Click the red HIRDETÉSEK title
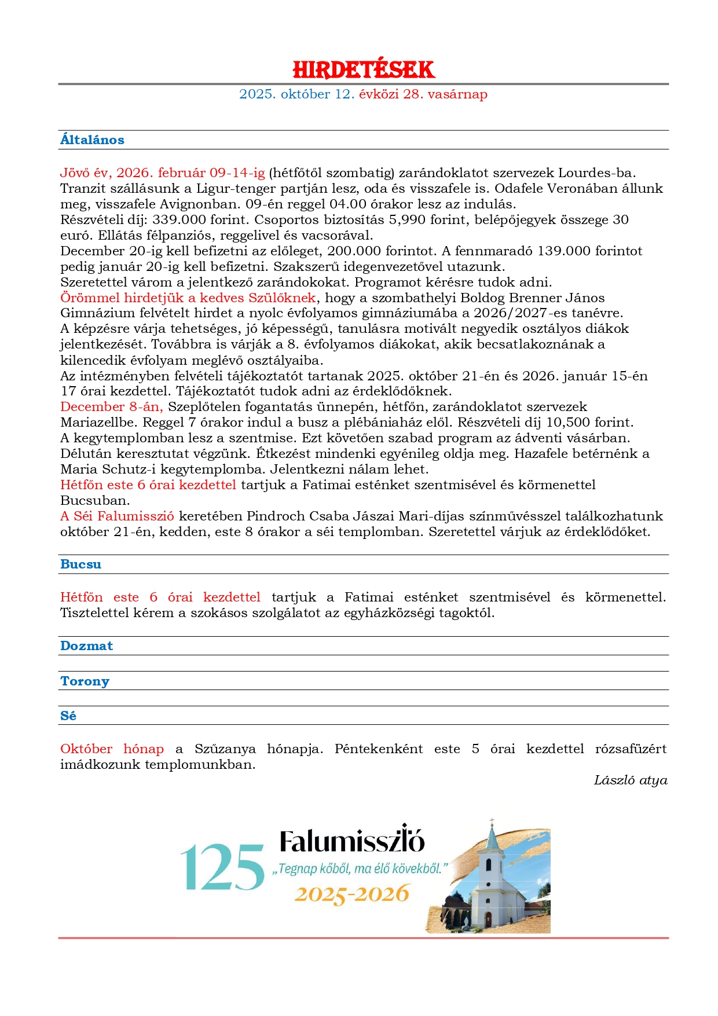(363, 69)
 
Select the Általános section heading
(92, 140)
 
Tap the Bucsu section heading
(80, 564)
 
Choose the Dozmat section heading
(86, 646)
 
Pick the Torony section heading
(85, 681)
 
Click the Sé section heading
(68, 716)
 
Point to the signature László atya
(630, 780)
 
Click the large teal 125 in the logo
(222, 867)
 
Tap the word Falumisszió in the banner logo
(352, 841)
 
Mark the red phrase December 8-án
(111, 407)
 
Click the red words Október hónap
(112, 749)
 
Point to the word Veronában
(586, 189)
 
